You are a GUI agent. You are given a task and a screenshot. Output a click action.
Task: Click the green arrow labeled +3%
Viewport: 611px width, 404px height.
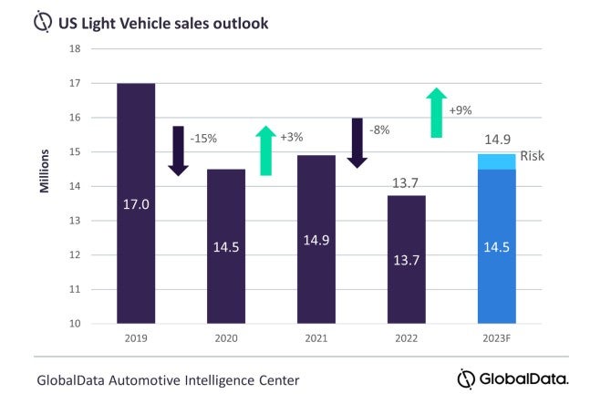click(266, 150)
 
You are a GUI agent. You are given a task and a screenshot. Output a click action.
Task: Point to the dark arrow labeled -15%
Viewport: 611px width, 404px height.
click(179, 150)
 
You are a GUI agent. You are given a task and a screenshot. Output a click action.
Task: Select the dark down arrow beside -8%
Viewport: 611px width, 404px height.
click(357, 142)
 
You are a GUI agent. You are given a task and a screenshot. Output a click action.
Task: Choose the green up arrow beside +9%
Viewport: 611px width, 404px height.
click(438, 112)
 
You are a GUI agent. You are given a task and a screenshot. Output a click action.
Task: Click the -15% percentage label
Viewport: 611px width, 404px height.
click(202, 140)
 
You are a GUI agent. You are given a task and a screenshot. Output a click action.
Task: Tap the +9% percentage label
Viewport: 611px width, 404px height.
click(461, 110)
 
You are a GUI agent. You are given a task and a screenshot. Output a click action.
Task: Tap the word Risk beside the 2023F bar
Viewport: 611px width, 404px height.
click(533, 156)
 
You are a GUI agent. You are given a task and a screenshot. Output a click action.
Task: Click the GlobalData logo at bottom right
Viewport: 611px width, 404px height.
click(513, 378)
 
